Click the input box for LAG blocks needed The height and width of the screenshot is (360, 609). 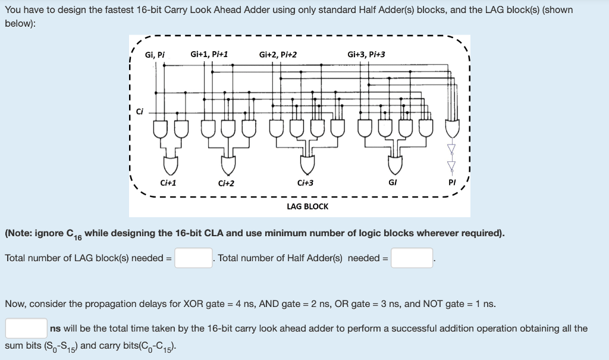tap(193, 258)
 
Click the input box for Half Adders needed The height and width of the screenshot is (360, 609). tap(412, 258)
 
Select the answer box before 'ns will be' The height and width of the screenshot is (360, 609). tap(26, 328)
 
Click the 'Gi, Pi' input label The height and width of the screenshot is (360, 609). tap(155, 55)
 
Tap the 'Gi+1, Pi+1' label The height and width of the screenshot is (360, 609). tap(209, 54)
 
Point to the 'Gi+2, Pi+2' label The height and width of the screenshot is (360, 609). tap(278, 55)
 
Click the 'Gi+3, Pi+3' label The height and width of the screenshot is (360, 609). tap(366, 55)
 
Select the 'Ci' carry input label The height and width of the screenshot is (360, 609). tap(140, 110)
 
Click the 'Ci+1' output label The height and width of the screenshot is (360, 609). tap(168, 183)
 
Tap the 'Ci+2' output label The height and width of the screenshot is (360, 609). tap(226, 183)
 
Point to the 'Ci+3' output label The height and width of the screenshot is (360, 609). tap(305, 183)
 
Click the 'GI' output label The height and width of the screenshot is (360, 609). tap(393, 183)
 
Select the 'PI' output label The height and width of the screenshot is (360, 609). tap(451, 183)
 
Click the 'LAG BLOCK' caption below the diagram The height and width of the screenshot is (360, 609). tap(307, 206)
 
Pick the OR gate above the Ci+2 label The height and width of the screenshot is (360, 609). tap(228, 162)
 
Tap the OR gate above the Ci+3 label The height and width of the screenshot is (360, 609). tap(308, 162)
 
